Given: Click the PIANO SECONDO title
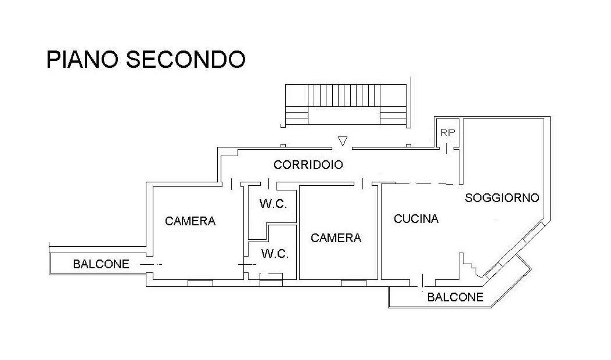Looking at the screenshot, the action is (146, 59).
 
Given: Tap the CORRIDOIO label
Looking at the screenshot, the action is (308, 165).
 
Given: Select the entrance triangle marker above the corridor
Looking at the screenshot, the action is (343, 141).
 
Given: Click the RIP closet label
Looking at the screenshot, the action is (448, 132).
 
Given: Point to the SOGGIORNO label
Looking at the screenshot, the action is (502, 198).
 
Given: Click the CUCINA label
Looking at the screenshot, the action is (416, 219).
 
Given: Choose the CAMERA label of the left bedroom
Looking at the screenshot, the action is (190, 221).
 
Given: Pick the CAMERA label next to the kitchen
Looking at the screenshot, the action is (336, 238).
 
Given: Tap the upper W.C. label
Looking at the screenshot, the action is (273, 203).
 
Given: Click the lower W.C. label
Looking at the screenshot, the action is (275, 254).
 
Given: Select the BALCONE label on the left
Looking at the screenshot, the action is (101, 264).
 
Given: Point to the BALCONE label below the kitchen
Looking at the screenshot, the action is (455, 297).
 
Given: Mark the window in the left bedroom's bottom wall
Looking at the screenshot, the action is (200, 283).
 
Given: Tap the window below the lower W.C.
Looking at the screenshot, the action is (271, 283).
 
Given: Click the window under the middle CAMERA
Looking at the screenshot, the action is (354, 283).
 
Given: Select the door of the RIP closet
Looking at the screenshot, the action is (447, 149).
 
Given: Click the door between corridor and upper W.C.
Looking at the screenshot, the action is (268, 183).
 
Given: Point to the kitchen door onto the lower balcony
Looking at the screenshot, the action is (423, 282).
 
